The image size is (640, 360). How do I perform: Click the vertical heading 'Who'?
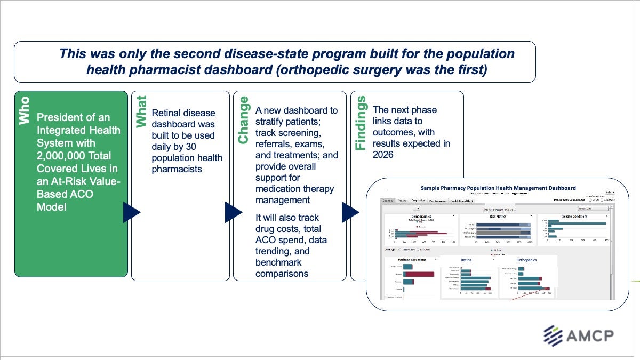pyautogui.click(x=25, y=111)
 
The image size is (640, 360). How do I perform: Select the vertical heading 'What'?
pyautogui.click(x=141, y=111)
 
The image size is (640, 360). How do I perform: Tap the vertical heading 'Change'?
pyautogui.click(x=243, y=120)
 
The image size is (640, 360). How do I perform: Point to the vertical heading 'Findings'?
pyautogui.click(x=361, y=123)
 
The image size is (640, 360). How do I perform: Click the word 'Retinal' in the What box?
pyautogui.click(x=167, y=113)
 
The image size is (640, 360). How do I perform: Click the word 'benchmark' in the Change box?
pyautogui.click(x=278, y=262)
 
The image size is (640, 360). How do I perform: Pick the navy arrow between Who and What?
pyautogui.click(x=131, y=212)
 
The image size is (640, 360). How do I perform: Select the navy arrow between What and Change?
pyautogui.click(x=233, y=212)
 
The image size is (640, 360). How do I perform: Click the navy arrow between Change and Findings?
pyautogui.click(x=349, y=212)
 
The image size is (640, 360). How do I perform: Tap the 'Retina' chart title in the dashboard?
pyautogui.click(x=466, y=260)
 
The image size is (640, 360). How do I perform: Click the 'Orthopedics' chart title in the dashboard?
pyautogui.click(x=527, y=260)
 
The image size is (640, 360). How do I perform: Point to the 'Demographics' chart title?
pyautogui.click(x=421, y=217)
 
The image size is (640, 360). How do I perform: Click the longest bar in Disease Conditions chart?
pyautogui.click(x=578, y=223)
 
